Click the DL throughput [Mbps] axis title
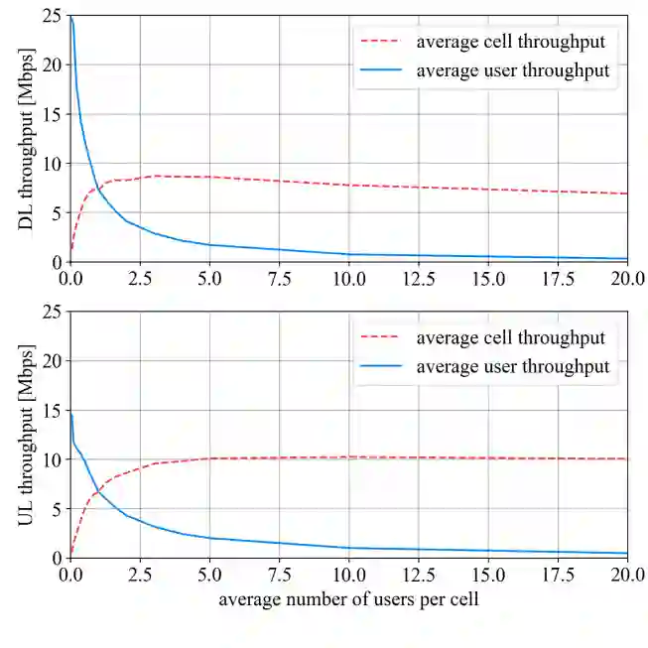point(27,138)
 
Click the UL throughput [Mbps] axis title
point(27,434)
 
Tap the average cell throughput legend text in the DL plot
point(510,43)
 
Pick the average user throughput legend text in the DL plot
point(512,70)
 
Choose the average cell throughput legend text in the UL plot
point(510,338)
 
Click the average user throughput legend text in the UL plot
point(512,366)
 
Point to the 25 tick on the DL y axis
point(53,16)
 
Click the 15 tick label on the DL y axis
point(53,114)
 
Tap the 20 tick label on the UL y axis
point(53,361)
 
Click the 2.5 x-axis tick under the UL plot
point(140,574)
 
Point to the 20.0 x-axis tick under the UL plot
point(627,574)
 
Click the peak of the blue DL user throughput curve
point(71,17)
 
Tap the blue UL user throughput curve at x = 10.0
point(348,548)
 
